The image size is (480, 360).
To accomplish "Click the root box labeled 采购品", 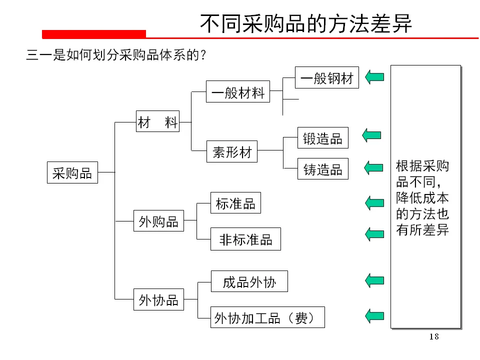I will coord(72,173).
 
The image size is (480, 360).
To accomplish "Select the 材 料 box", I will coord(157,122).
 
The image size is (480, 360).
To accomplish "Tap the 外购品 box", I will coord(158,221).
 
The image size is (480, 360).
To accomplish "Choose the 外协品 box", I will coord(158,300).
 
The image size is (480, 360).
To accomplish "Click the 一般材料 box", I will coord(237,92).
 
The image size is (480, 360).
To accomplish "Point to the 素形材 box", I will coord(232,151).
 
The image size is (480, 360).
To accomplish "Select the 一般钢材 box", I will coord(326,77).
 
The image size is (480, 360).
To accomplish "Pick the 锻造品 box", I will coord(322,138).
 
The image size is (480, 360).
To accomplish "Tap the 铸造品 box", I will coord(322,169).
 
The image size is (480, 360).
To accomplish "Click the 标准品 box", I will coord(235,203).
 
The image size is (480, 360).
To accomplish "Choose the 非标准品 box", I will coord(245,239).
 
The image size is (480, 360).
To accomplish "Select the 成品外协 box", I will coord(249,282).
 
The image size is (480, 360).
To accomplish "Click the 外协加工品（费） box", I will coord(267,317).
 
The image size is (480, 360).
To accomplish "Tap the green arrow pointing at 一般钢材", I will coord(374,77).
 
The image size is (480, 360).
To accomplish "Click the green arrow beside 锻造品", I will coord(372,135).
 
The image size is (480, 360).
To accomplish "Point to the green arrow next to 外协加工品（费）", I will coord(374,315).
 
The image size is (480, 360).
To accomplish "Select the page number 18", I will coord(434,336).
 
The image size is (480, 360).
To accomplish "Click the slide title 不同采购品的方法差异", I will coord(306,23).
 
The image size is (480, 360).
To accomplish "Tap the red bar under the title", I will coord(94,34).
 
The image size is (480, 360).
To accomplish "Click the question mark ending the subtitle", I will coord(203,55).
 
